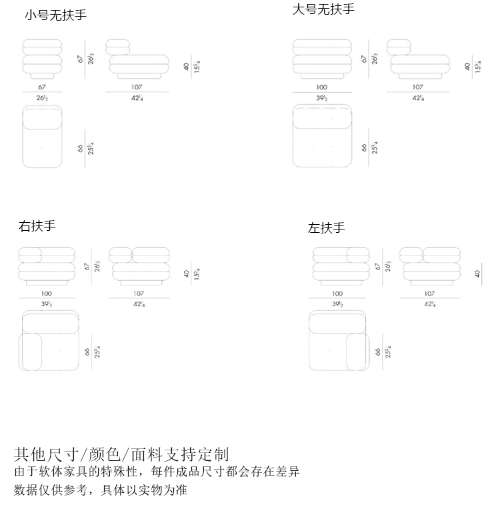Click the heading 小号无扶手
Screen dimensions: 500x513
(x=56, y=15)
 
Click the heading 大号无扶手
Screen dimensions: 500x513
(x=324, y=9)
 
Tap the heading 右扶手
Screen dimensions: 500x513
(x=37, y=226)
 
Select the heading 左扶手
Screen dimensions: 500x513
(x=327, y=228)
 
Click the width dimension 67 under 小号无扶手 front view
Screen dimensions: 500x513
(x=42, y=87)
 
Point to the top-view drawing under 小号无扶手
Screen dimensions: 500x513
(x=42, y=136)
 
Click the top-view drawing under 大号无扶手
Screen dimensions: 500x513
(x=322, y=136)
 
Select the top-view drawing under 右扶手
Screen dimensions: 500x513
(x=49, y=340)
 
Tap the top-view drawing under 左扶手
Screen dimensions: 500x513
(x=339, y=340)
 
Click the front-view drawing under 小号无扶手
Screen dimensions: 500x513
(x=42, y=59)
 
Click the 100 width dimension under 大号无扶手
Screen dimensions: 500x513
(x=322, y=87)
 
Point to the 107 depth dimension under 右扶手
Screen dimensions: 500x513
(x=138, y=294)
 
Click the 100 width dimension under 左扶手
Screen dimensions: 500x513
(x=337, y=294)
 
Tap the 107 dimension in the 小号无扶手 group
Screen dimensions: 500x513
(x=137, y=87)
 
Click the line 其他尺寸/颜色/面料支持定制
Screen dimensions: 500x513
(x=121, y=455)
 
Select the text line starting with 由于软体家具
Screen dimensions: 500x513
(x=157, y=472)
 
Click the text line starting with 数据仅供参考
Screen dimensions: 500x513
(x=101, y=490)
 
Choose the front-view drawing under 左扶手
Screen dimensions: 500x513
(x=341, y=266)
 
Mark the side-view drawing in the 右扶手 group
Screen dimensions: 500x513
(x=139, y=265)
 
